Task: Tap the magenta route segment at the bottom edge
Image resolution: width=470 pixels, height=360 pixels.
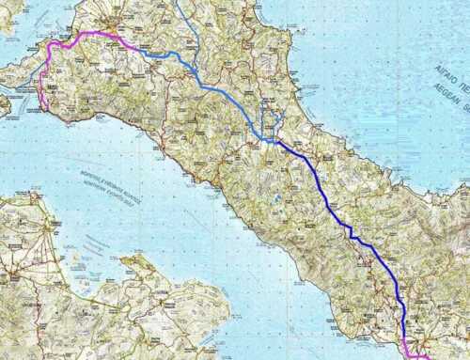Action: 414,355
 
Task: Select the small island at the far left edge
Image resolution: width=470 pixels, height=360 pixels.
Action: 4,104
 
